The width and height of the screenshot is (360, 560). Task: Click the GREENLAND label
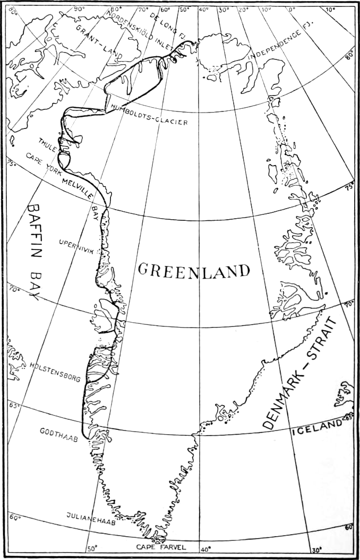[194, 270]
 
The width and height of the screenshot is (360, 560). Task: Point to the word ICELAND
[317, 426]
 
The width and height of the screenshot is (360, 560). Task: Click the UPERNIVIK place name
[77, 245]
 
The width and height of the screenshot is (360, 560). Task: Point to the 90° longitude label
[79, 9]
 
